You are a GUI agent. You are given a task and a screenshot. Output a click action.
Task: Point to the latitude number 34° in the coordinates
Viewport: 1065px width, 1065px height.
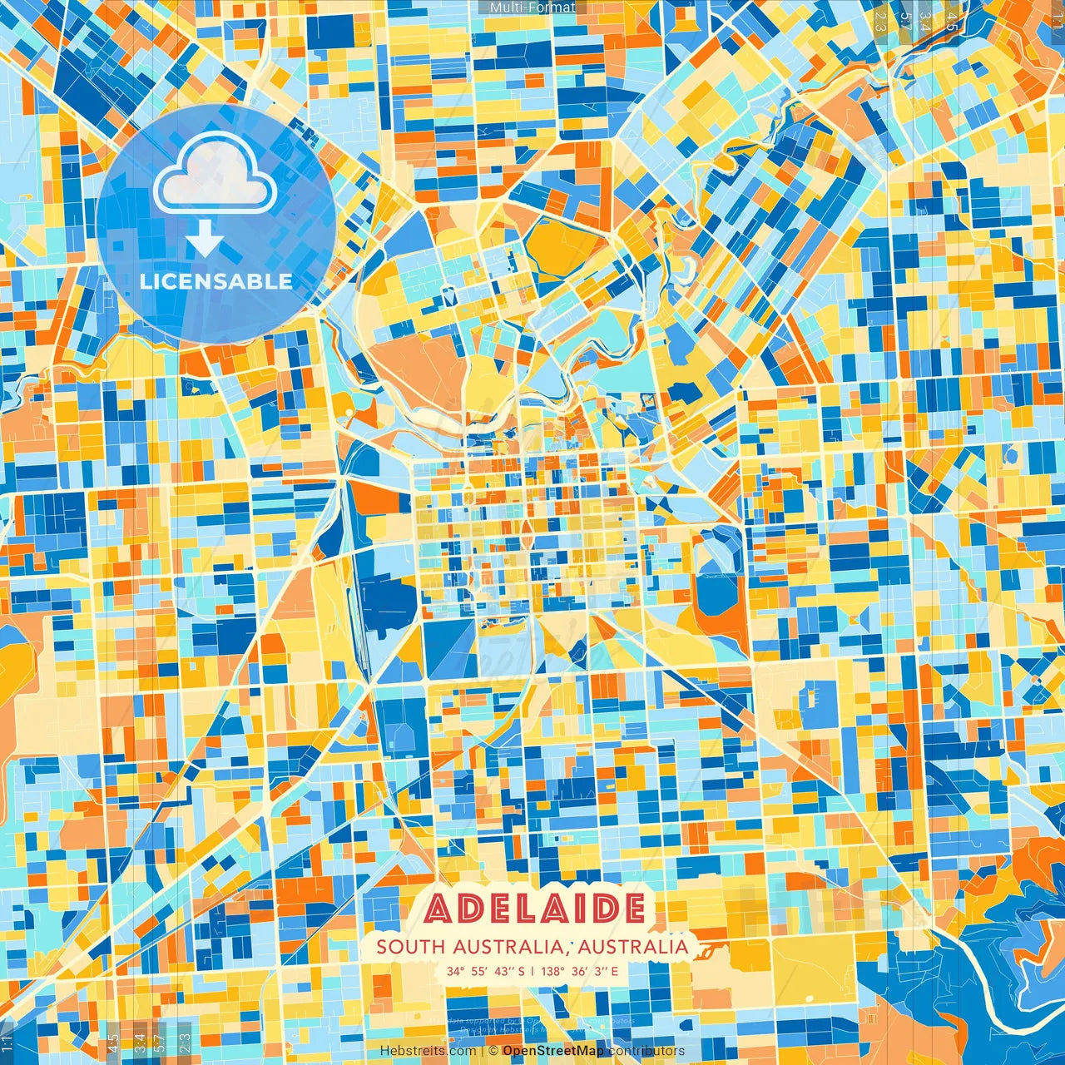tap(455, 971)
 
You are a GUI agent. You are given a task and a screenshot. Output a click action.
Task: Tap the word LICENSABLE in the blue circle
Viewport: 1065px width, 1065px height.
tap(216, 281)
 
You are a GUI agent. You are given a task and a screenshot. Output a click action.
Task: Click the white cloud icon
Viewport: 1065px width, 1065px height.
tap(215, 172)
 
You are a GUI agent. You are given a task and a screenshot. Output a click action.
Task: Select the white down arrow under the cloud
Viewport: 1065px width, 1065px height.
tap(204, 239)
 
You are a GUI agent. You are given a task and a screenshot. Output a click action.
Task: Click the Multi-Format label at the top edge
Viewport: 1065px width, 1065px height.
tap(532, 7)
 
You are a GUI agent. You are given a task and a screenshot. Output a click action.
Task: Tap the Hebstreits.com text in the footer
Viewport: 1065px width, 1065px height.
tap(428, 1051)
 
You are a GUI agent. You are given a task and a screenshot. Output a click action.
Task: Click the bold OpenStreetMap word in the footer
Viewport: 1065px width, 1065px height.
tap(552, 1051)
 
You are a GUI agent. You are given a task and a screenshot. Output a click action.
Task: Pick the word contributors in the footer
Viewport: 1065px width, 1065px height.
tap(646, 1051)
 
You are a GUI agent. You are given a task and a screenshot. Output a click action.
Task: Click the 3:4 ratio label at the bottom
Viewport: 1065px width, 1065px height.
tap(139, 1042)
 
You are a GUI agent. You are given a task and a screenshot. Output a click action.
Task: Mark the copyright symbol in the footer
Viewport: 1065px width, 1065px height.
tap(493, 1051)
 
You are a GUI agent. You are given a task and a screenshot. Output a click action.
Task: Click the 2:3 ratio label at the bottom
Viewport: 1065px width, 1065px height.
tap(185, 1042)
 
